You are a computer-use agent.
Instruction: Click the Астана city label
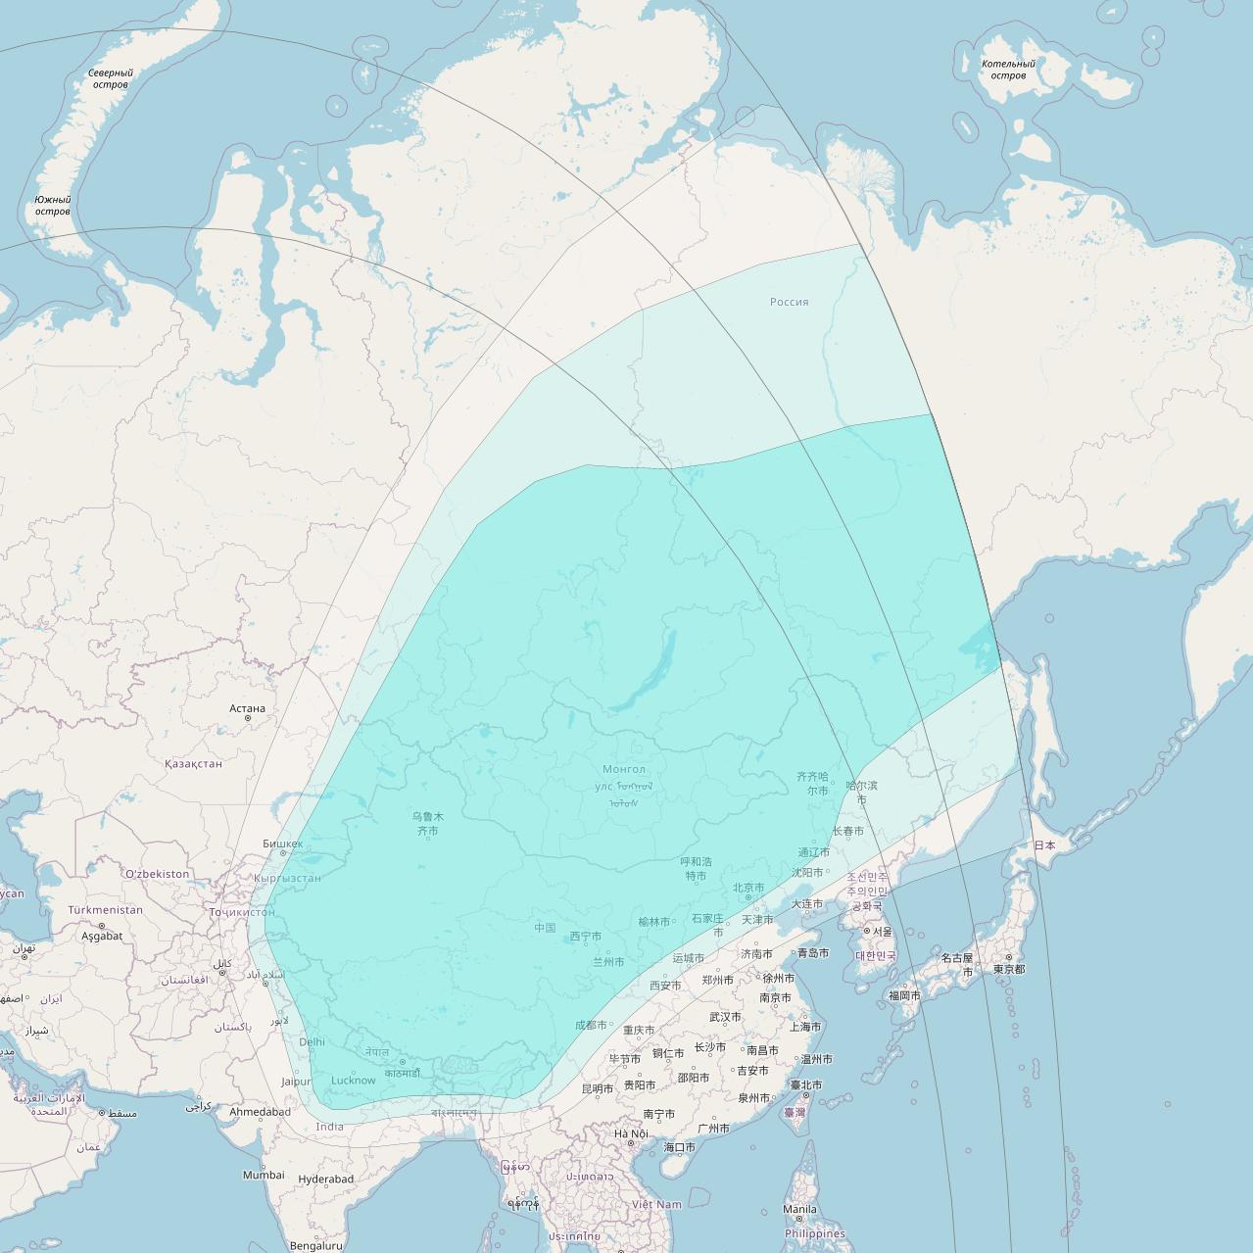247,708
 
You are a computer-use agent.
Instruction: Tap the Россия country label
789,302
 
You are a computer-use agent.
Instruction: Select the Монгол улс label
623,778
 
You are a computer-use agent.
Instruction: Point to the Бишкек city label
282,843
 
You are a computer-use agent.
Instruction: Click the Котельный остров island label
1008,70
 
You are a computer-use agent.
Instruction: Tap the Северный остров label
110,78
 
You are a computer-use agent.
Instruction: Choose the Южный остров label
53,205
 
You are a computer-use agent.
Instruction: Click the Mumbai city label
264,1175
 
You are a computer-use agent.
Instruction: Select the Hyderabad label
326,1180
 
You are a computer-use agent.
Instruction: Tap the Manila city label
799,1209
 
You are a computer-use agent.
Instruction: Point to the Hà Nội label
631,1133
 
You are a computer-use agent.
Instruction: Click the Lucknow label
353,1081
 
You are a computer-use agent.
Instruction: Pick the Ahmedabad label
260,1112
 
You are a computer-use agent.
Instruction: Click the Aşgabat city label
102,936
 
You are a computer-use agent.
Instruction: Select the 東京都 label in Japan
1008,969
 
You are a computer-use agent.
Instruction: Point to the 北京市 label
748,888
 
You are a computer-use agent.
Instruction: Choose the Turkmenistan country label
105,910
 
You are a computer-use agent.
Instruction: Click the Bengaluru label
315,1246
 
